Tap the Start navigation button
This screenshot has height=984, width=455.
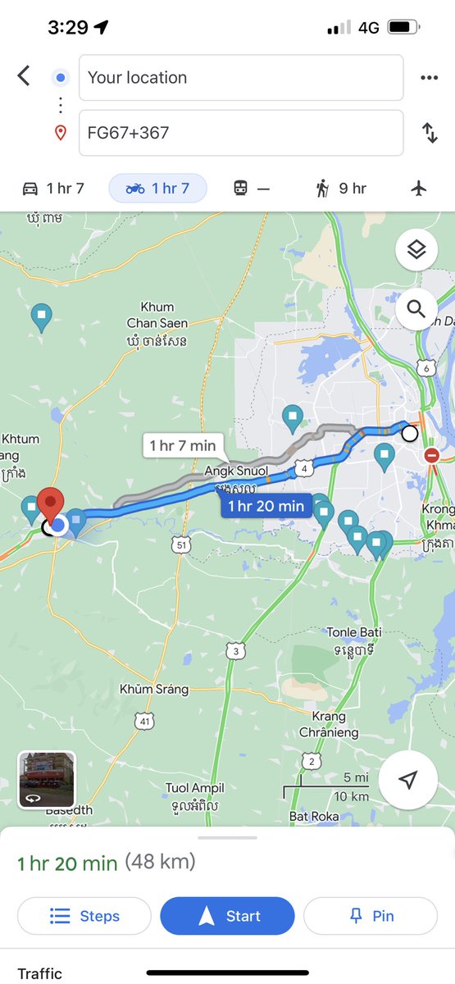click(x=227, y=916)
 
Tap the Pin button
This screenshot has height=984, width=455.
click(x=371, y=916)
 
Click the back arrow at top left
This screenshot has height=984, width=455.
click(x=24, y=77)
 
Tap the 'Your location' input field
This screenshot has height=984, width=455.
click(x=240, y=78)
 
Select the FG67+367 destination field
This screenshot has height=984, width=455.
click(x=240, y=133)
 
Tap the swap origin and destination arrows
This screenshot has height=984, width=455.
click(x=430, y=133)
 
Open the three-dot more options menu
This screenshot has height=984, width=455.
click(x=430, y=78)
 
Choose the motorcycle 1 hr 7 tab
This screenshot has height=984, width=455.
click(x=157, y=189)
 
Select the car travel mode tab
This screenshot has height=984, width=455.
click(x=53, y=189)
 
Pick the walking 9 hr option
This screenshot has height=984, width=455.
click(x=340, y=189)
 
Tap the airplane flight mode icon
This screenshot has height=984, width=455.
click(x=419, y=189)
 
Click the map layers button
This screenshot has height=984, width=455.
click(x=416, y=250)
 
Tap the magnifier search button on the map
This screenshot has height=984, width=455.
click(x=416, y=309)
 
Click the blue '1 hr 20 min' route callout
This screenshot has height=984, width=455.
click(x=266, y=506)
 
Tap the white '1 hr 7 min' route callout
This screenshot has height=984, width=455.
click(x=182, y=446)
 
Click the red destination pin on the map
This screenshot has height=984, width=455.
click(x=52, y=503)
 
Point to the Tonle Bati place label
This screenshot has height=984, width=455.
click(x=353, y=632)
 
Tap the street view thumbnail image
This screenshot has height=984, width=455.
click(x=47, y=780)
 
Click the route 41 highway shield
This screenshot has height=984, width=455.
click(x=144, y=722)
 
